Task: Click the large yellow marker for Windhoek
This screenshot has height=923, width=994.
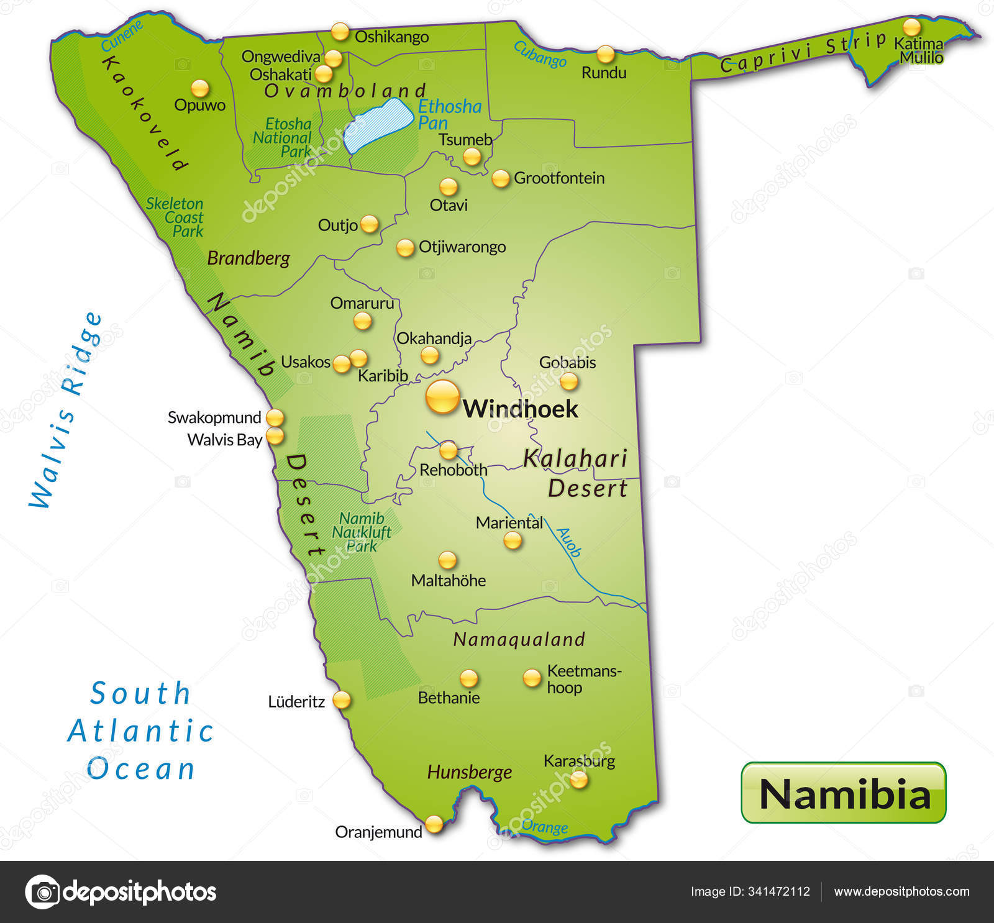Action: [x=442, y=397]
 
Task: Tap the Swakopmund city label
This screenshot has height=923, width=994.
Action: [x=214, y=417]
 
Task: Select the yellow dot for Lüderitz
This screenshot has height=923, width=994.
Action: [x=341, y=700]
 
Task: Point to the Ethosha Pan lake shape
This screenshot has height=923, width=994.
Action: [x=379, y=125]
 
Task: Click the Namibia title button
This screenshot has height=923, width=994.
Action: [x=843, y=793]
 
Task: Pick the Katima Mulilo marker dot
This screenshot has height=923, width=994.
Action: [x=911, y=27]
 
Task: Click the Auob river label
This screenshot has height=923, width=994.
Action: [x=568, y=542]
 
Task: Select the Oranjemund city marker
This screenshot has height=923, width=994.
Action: [x=434, y=824]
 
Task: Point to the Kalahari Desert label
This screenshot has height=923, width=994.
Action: [x=576, y=473]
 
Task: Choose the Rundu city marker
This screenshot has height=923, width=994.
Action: [x=605, y=54]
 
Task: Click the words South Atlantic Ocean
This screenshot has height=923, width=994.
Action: [x=140, y=730]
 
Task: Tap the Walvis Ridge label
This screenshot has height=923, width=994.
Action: [x=66, y=410]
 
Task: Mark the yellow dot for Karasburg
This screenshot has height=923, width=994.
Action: [x=578, y=779]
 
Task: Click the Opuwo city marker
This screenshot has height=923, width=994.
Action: [x=199, y=88]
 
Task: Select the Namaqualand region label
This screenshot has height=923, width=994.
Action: [x=519, y=639]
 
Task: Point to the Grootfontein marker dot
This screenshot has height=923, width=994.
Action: [x=500, y=179]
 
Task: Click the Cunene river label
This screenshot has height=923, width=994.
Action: [x=122, y=36]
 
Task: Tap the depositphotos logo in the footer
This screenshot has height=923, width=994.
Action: [x=121, y=892]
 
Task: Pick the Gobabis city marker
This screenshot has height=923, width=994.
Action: [x=568, y=381]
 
